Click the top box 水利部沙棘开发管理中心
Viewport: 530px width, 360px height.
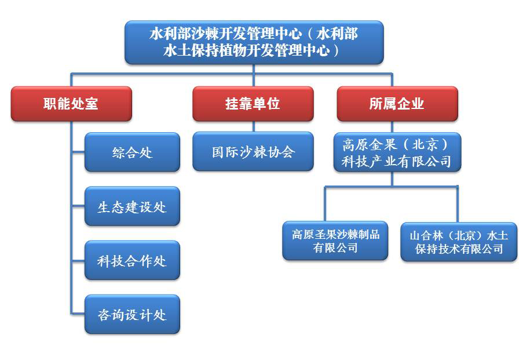[x=254, y=42]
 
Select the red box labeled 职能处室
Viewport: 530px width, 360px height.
[x=71, y=104]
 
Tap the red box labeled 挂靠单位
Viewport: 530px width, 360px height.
[x=253, y=104]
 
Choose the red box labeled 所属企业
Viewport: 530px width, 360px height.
[x=397, y=104]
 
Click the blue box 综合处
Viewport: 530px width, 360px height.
[x=132, y=152]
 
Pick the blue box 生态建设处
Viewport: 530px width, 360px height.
[x=132, y=206]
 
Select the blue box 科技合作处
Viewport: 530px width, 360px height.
[x=132, y=260]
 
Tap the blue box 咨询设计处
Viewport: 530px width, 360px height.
[x=132, y=314]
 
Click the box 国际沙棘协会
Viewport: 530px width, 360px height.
[x=253, y=151]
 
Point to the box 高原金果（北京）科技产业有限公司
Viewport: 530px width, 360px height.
[x=397, y=152]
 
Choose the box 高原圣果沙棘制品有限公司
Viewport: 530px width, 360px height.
[x=335, y=241]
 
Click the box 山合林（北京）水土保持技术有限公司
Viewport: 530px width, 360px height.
[x=459, y=242]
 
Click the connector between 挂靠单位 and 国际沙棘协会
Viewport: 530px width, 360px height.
[x=254, y=126]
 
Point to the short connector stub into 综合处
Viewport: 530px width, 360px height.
[x=78, y=152]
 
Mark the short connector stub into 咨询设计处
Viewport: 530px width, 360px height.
[x=78, y=314]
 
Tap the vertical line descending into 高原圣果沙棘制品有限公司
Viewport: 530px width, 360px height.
[x=325, y=204]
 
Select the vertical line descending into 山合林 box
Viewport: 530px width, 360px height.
[x=458, y=205]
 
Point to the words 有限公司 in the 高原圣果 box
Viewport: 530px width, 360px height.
[x=335, y=248]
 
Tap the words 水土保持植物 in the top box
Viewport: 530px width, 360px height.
[x=205, y=50]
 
